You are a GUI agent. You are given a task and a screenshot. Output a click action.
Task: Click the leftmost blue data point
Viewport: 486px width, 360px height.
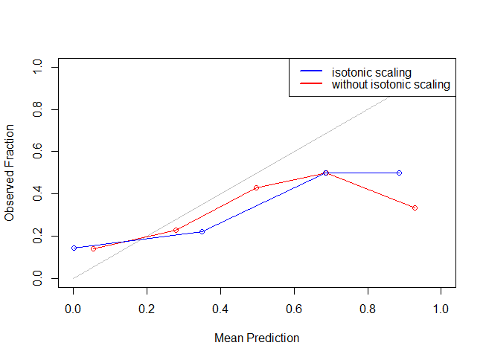(x=74, y=248)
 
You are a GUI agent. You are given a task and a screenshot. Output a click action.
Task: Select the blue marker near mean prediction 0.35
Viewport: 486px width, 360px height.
(x=202, y=232)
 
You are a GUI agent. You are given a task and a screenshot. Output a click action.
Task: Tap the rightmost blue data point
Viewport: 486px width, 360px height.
(x=400, y=173)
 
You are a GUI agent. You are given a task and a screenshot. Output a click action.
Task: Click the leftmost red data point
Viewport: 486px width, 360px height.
(x=93, y=248)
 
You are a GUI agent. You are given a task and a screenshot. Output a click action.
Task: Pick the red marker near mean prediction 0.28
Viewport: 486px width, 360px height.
(x=176, y=230)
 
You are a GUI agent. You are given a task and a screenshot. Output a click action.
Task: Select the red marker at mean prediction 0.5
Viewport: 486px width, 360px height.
(x=256, y=187)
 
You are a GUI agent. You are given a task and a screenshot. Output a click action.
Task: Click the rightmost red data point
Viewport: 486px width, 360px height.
(x=415, y=208)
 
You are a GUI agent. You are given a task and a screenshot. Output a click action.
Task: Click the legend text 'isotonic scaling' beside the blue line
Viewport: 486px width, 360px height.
(x=371, y=72)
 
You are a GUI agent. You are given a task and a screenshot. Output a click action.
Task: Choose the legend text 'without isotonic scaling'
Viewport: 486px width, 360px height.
(x=391, y=85)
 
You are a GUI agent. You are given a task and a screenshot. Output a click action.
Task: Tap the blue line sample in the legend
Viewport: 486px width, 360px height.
(x=311, y=72)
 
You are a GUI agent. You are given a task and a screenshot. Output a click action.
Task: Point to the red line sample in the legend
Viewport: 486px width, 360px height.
(x=311, y=85)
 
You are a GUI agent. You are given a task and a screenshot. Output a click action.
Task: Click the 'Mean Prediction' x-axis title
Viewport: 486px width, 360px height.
(x=257, y=338)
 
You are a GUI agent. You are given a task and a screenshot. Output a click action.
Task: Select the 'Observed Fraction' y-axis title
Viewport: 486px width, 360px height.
(x=10, y=173)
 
